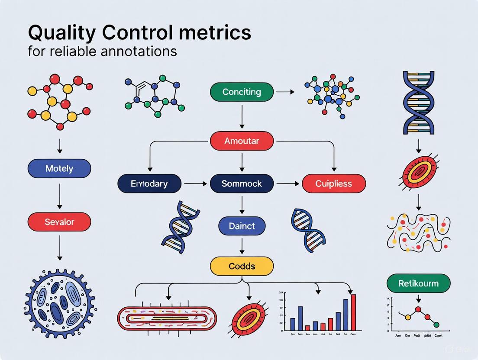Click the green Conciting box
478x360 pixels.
point(242,92)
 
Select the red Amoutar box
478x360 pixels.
point(242,141)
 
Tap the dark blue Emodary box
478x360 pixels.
point(149,183)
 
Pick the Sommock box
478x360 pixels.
point(242,183)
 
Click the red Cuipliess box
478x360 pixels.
point(333,183)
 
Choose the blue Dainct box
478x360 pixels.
point(242,226)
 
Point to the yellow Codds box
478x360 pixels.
point(242,266)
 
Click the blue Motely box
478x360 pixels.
point(59,168)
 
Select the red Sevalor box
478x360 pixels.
point(59,222)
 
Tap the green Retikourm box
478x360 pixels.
point(418,283)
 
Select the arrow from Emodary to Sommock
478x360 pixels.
point(195,183)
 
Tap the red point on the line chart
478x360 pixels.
point(418,309)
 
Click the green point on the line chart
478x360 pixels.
point(436,324)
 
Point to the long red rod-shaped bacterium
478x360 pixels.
point(167,319)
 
